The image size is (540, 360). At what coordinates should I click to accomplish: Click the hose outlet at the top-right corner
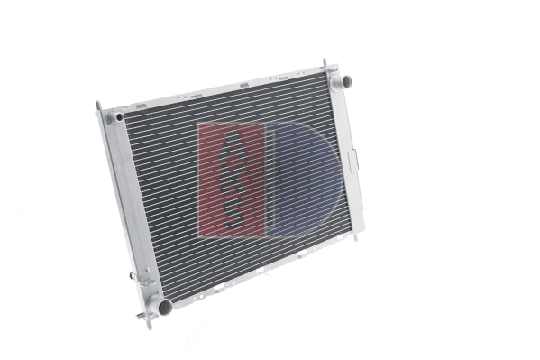pos(341,82)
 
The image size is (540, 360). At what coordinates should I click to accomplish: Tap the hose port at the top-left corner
pos(116,118)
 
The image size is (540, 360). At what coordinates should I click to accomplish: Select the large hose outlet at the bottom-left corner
pos(162,306)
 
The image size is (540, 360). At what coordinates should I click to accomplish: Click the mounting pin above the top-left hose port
pos(98,106)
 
